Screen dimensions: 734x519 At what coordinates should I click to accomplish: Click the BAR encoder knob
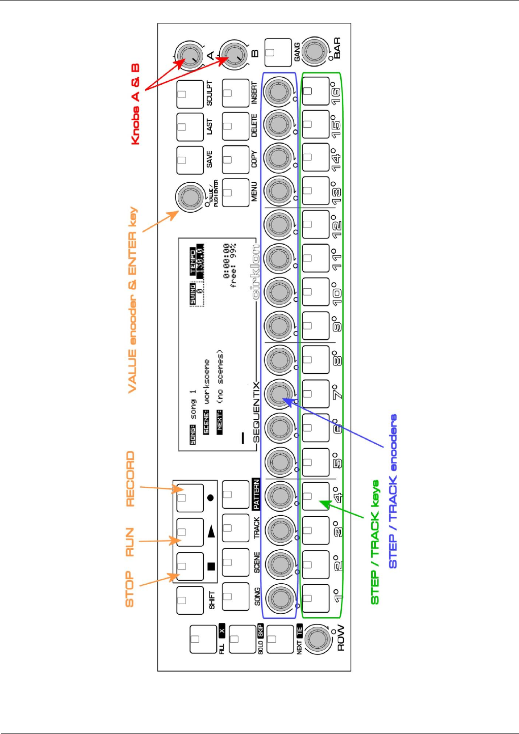315,51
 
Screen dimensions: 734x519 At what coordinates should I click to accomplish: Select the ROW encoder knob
318,639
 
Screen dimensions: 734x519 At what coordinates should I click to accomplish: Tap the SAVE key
189,160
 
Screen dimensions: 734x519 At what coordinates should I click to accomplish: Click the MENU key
236,192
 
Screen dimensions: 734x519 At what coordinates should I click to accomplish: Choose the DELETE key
236,126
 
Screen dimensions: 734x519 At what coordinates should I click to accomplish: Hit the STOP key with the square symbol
190,566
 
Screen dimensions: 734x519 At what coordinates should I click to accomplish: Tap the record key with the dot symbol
190,498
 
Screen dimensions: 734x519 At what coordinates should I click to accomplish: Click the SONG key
236,597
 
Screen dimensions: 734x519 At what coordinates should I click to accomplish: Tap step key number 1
315,598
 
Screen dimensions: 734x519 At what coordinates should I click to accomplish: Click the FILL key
203,639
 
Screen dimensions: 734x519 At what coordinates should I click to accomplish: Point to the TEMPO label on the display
193,262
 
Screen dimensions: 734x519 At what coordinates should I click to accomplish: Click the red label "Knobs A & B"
136,104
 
